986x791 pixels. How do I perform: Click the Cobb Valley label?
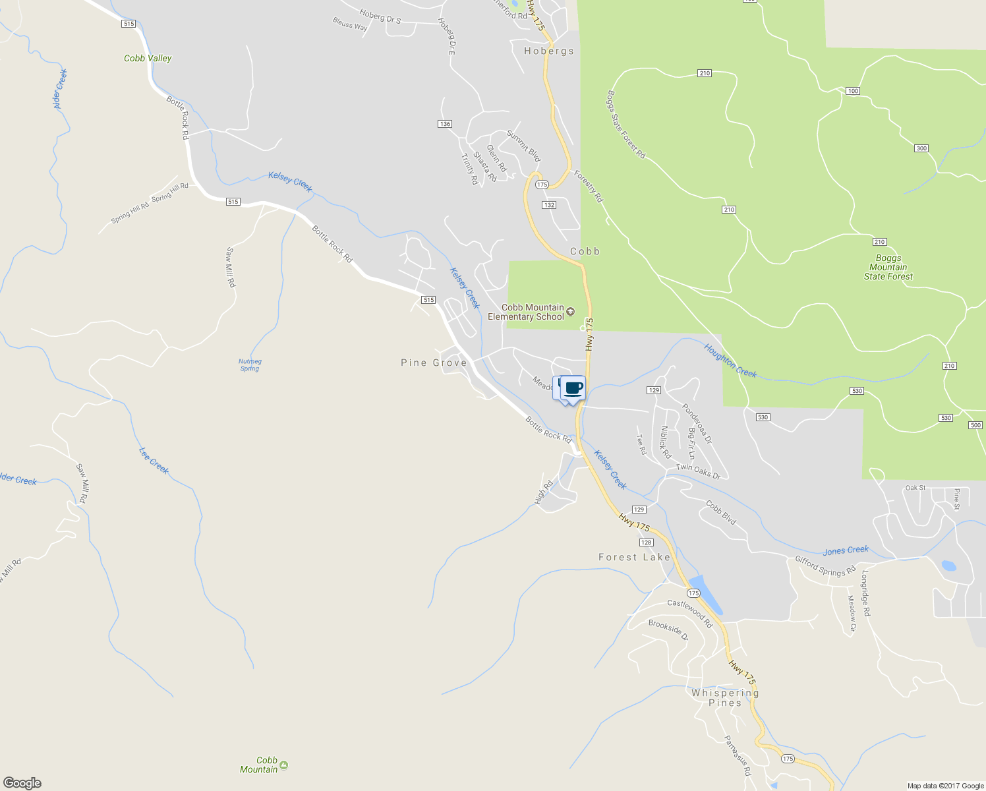pyautogui.click(x=148, y=58)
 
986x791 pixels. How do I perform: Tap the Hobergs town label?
pyautogui.click(x=548, y=51)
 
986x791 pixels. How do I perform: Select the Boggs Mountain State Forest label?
pyautogui.click(x=888, y=268)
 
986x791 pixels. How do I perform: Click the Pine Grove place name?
pyautogui.click(x=434, y=363)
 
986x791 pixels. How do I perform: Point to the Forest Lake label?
pyautogui.click(x=634, y=557)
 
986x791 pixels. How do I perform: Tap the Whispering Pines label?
pyautogui.click(x=725, y=697)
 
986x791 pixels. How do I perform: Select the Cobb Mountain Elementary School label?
pyautogui.click(x=526, y=312)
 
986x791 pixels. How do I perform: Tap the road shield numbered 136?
pyautogui.click(x=445, y=124)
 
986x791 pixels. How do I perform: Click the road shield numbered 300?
pyautogui.click(x=921, y=148)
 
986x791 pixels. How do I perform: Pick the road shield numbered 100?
pyautogui.click(x=853, y=91)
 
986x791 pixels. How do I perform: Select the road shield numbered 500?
pyautogui.click(x=975, y=425)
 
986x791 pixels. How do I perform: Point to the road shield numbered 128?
pyautogui.click(x=646, y=542)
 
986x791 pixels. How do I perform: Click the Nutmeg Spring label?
pyautogui.click(x=250, y=365)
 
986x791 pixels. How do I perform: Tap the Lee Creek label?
pyautogui.click(x=154, y=460)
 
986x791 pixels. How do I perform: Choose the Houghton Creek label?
pyautogui.click(x=730, y=361)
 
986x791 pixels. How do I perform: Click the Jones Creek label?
pyautogui.click(x=846, y=550)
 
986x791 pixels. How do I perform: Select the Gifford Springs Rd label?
pyautogui.click(x=825, y=565)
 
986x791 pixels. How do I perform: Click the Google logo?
pyautogui.click(x=22, y=783)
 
